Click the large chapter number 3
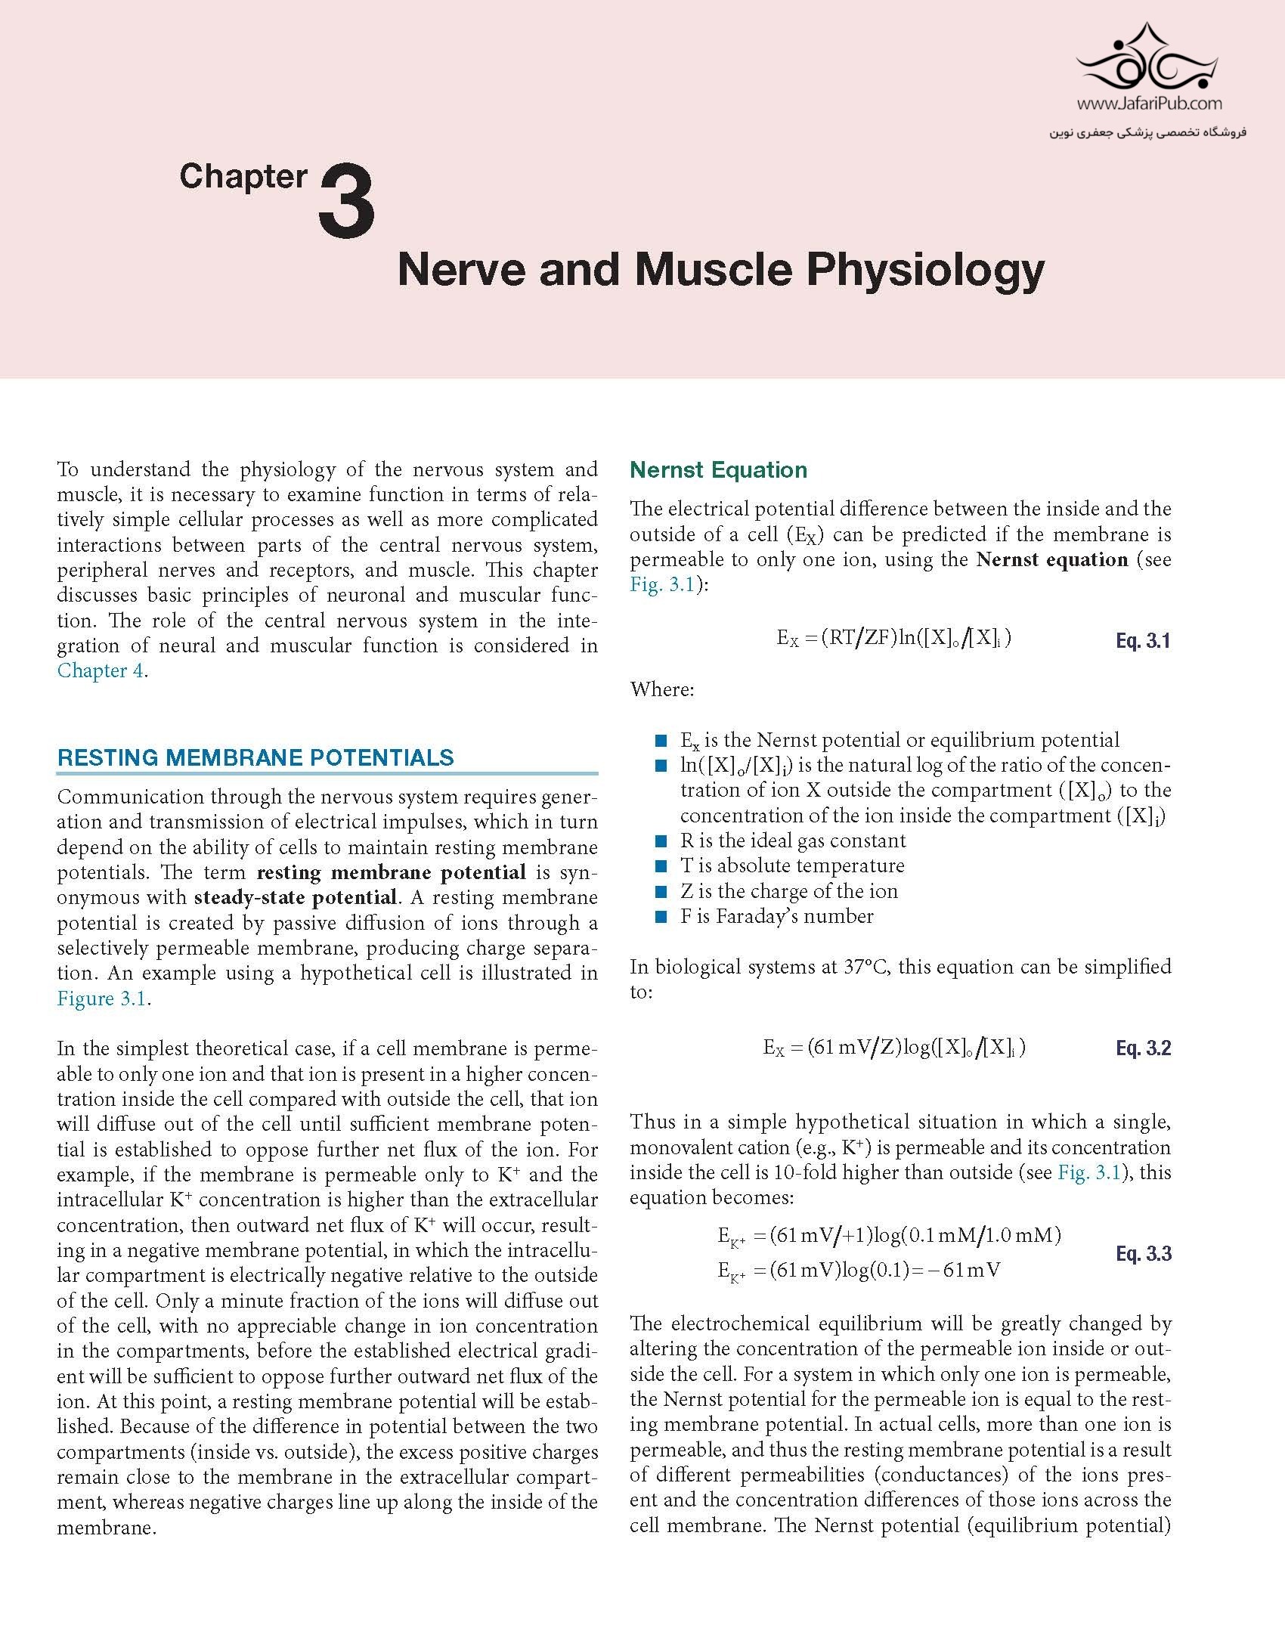pyautogui.click(x=347, y=202)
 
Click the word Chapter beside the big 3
pyautogui.click(x=243, y=177)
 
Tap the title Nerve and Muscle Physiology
pyautogui.click(x=720, y=269)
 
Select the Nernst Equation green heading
pyautogui.click(x=718, y=470)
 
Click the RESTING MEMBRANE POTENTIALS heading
pyautogui.click(x=255, y=757)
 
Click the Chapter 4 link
pyautogui.click(x=101, y=670)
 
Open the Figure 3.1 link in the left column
pyautogui.click(x=102, y=998)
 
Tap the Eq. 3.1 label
pyautogui.click(x=1143, y=641)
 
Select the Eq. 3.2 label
pyautogui.click(x=1143, y=1048)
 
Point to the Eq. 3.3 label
pyautogui.click(x=1143, y=1254)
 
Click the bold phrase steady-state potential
pyautogui.click(x=296, y=897)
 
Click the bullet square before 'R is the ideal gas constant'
pyautogui.click(x=662, y=841)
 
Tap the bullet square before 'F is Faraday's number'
pyautogui.click(x=662, y=917)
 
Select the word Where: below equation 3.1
pyautogui.click(x=662, y=689)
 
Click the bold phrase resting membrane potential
pyautogui.click(x=391, y=872)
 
